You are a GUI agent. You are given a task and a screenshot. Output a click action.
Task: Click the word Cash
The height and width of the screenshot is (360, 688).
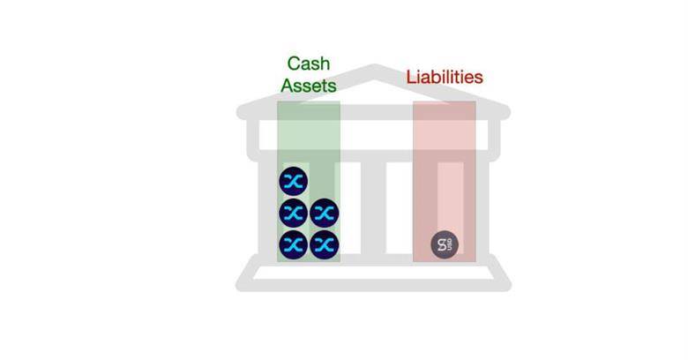pyautogui.click(x=309, y=64)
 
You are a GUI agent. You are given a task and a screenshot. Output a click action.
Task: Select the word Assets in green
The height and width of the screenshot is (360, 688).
pyautogui.click(x=309, y=86)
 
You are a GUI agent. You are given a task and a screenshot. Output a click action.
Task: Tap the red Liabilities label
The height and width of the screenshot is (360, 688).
pyautogui.click(x=445, y=78)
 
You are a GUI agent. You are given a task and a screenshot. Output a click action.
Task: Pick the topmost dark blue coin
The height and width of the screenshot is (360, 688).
pyautogui.click(x=293, y=181)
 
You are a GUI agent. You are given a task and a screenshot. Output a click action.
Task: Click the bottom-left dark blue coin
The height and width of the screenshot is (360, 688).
pyautogui.click(x=293, y=245)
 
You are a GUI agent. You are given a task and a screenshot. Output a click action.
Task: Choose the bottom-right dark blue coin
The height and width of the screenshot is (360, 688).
pyautogui.click(x=325, y=245)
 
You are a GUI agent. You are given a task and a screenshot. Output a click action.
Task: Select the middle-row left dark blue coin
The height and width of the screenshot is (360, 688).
pyautogui.click(x=293, y=213)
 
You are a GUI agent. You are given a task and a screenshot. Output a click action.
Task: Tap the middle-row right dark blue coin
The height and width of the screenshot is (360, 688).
pyautogui.click(x=325, y=213)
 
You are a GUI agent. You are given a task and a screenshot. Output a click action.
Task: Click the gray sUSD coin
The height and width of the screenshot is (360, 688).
pyautogui.click(x=445, y=245)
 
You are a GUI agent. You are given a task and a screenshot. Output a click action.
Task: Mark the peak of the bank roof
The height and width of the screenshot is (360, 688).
pyautogui.click(x=374, y=66)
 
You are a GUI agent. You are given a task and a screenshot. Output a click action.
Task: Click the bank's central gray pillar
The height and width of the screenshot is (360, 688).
pyautogui.click(x=373, y=207)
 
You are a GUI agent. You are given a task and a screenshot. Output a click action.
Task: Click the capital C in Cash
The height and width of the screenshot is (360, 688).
pyautogui.click(x=295, y=64)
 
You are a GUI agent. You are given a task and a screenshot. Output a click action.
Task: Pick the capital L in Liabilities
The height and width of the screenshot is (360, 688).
pyautogui.click(x=411, y=78)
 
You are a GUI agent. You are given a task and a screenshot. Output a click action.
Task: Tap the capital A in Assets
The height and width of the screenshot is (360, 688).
pyautogui.click(x=288, y=86)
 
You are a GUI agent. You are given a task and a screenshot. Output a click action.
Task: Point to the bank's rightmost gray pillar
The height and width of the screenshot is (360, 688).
pyautogui.click(x=482, y=207)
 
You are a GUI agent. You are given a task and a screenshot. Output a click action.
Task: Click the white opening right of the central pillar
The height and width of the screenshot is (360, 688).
pyautogui.click(x=400, y=207)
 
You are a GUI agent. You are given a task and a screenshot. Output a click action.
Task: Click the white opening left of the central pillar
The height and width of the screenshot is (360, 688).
pyautogui.click(x=350, y=207)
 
